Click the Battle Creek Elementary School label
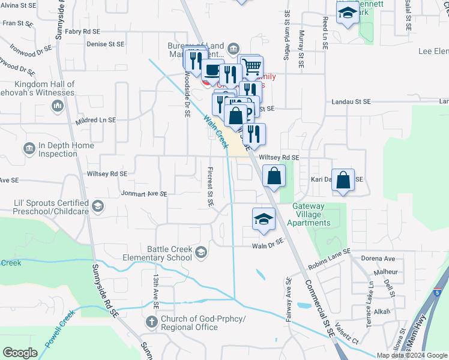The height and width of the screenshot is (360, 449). [169, 253]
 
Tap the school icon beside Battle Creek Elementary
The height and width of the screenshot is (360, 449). [201, 253]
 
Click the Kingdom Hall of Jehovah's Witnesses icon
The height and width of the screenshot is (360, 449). [58, 106]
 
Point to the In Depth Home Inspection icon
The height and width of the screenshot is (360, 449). [29, 148]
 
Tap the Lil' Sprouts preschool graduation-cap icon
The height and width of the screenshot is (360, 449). [97, 207]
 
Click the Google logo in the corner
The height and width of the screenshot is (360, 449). [20, 353]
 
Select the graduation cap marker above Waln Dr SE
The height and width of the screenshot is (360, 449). [263, 219]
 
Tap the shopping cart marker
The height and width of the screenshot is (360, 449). [252, 67]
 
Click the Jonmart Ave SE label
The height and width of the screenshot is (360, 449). [143, 194]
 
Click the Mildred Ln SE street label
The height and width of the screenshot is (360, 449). [95, 120]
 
